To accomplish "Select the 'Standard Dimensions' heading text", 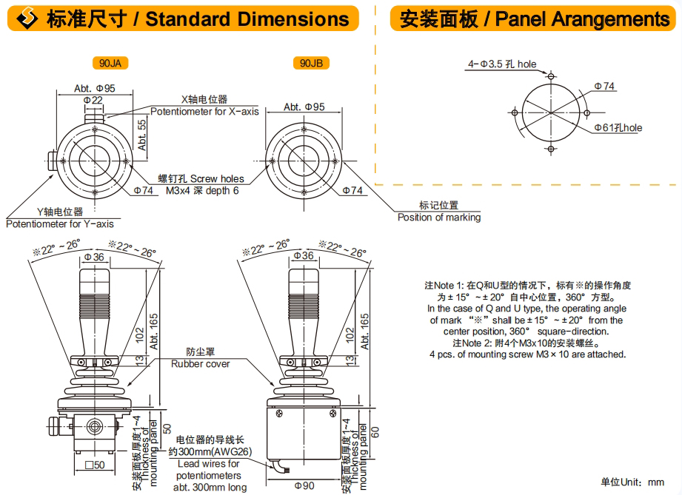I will pos(247,18).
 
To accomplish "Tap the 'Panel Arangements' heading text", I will pos(582,18).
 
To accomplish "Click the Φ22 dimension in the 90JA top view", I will pos(93,99).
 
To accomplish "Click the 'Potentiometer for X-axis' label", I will pos(204,112).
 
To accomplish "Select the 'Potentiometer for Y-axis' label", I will pos(60,223).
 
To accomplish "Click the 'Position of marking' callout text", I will pos(438,218).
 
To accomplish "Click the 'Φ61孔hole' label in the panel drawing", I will pos(618,128).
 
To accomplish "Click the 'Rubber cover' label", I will pos(200,363).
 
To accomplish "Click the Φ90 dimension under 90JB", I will pos(304,485).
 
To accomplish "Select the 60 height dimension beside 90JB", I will pos(373,431).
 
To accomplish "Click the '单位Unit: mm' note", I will pos(632,482).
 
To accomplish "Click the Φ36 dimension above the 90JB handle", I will pos(304,256).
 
